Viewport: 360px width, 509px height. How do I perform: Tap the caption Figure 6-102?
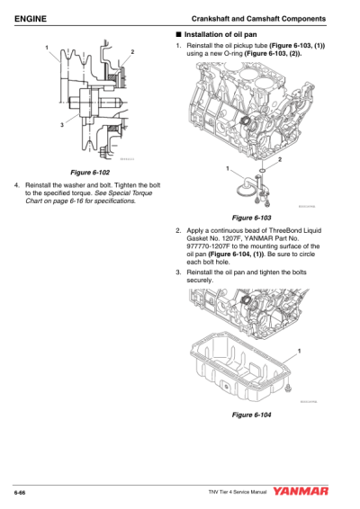point(94,171)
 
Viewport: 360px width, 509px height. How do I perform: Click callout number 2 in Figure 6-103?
point(280,159)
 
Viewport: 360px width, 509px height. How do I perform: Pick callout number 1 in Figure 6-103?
point(228,168)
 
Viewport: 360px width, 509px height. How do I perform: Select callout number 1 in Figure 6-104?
point(298,349)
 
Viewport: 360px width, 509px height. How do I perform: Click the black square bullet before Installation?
point(178,35)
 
